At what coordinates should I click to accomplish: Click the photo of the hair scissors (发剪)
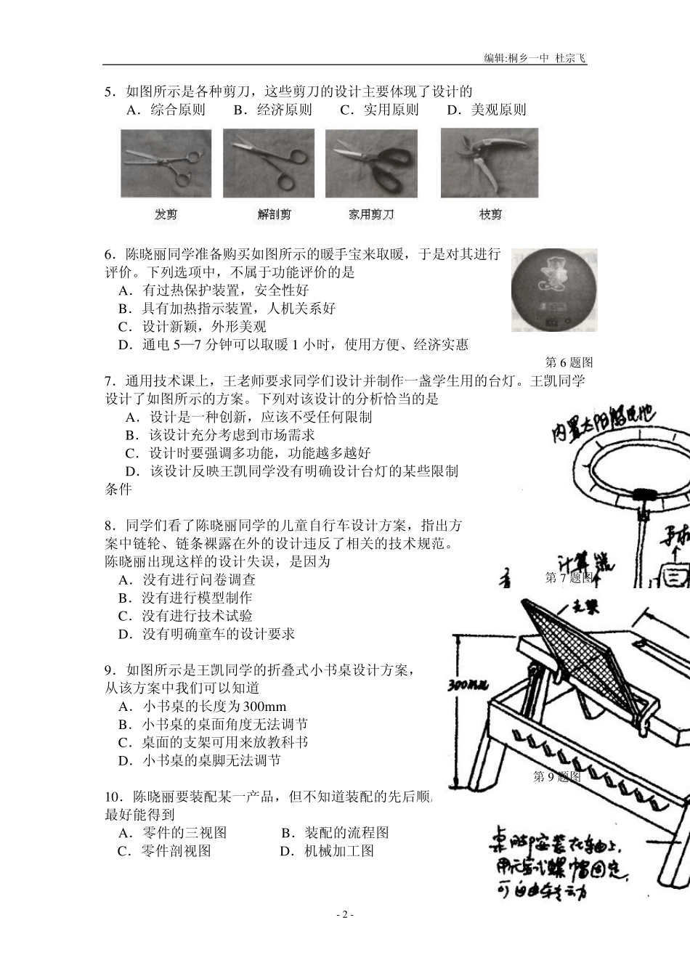pos(166,163)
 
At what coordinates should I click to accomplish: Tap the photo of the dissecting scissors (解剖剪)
pos(268,163)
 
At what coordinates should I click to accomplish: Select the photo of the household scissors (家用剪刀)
pos(371,163)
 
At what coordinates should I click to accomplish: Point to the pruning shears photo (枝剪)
pos(490,163)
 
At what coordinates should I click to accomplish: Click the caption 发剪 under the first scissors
pos(166,215)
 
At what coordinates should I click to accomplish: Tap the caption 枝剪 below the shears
pos(490,215)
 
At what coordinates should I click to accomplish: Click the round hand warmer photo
pos(553,290)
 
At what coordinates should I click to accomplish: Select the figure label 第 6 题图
pos(569,362)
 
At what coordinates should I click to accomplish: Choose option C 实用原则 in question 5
pos(379,110)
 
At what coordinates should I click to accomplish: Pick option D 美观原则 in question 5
pos(486,110)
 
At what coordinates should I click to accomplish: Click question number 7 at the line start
pos(109,381)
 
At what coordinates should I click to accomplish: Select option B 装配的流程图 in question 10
pos(335,833)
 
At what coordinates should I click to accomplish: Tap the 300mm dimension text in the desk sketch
pos(463,686)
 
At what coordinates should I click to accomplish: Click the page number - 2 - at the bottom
pos(345,915)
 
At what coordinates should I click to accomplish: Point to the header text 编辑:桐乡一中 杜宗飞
pos(535,58)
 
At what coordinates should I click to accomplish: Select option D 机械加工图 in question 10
pos(327,851)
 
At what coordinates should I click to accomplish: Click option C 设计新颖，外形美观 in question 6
pos(192,327)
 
